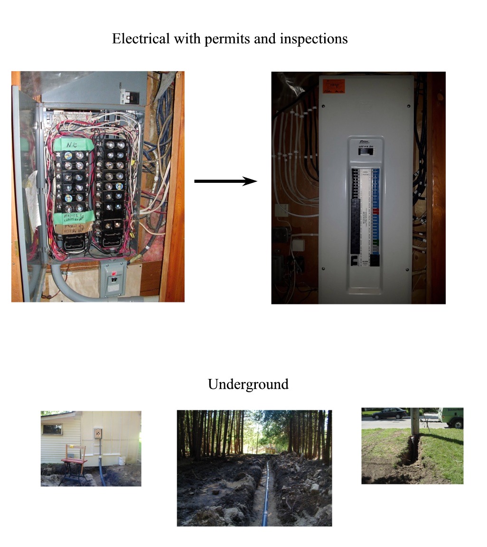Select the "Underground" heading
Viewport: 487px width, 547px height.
tap(248, 384)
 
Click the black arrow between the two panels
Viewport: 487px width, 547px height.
tap(225, 181)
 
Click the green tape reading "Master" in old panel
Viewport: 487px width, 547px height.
tap(72, 217)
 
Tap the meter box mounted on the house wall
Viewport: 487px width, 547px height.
tap(98, 434)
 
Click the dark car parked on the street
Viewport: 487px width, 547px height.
tap(389, 413)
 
